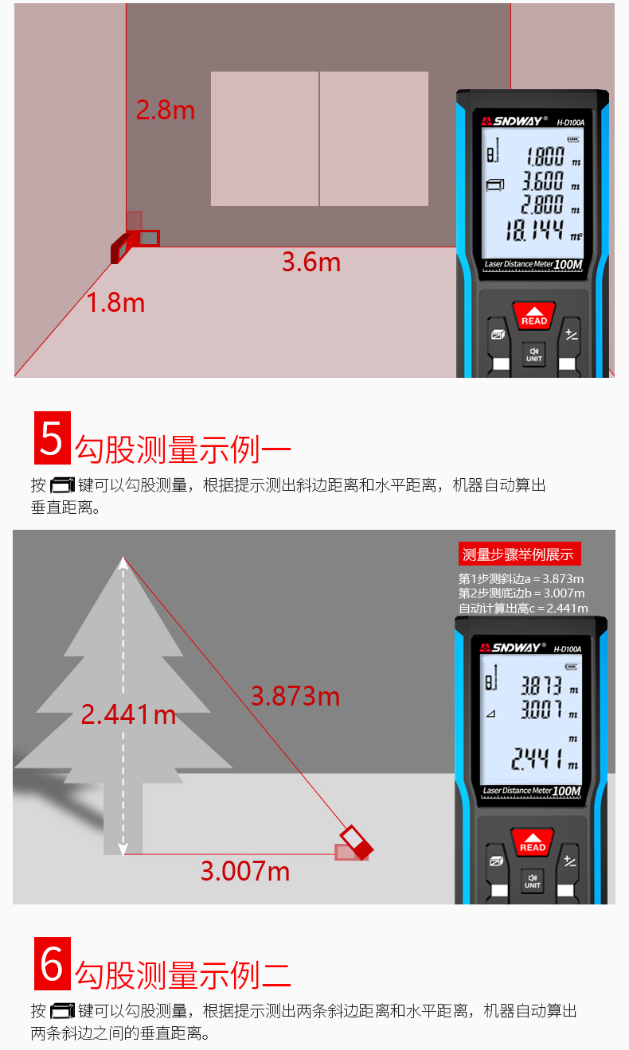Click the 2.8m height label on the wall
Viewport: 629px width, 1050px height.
[x=165, y=110]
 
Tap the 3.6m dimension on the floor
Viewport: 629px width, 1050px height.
[x=311, y=262]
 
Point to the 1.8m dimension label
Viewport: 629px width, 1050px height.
[x=116, y=302]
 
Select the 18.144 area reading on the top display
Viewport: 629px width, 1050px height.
[x=535, y=231]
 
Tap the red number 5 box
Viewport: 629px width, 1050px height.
[x=52, y=438]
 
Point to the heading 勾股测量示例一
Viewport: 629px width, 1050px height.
[x=183, y=450]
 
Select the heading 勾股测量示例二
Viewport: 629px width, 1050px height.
[x=183, y=974]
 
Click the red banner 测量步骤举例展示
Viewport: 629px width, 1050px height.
[x=519, y=554]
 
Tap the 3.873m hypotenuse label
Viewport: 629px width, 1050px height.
[x=295, y=697]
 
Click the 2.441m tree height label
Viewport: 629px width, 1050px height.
[x=128, y=714]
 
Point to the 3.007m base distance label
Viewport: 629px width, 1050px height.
[x=244, y=871]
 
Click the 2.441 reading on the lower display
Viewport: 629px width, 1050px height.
[x=535, y=759]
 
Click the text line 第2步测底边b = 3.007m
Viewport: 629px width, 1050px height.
[x=522, y=593]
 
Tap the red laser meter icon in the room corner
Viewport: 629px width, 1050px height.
[x=119, y=247]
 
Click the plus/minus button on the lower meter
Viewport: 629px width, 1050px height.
[x=570, y=861]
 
